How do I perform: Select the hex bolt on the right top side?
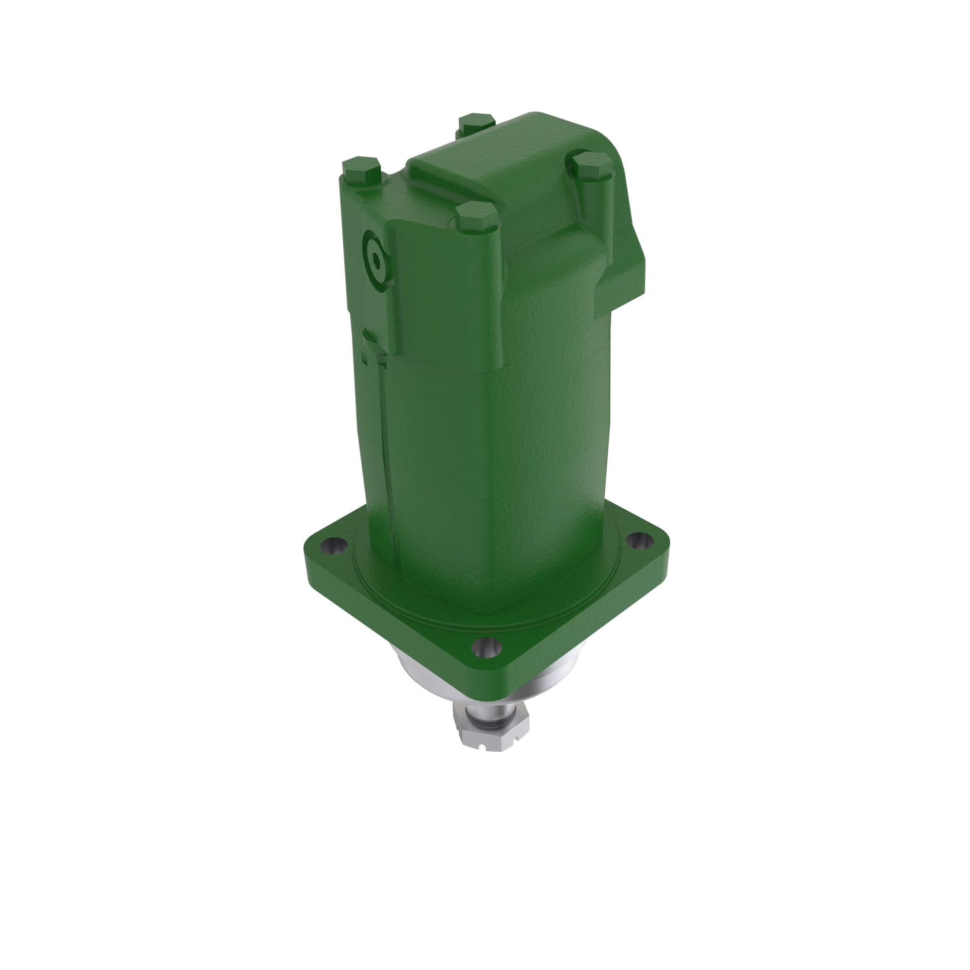(590, 162)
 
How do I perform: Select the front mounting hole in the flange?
(487, 647)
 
